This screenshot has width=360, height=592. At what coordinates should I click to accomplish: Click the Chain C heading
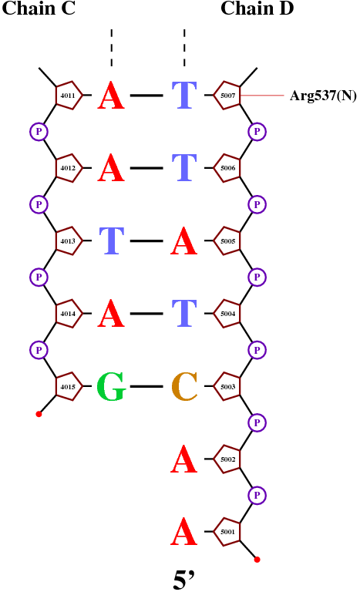(x=39, y=8)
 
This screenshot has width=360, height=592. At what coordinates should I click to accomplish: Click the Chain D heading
(x=257, y=8)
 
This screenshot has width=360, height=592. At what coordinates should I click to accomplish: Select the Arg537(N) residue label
(x=323, y=96)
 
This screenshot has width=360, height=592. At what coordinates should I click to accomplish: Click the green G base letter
(x=111, y=386)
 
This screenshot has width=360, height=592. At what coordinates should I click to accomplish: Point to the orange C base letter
(x=184, y=386)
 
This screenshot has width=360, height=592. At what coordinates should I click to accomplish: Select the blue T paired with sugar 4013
(x=112, y=240)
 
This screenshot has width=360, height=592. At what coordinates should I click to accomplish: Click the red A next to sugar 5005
(x=184, y=240)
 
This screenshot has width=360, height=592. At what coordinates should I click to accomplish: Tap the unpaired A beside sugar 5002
(x=184, y=459)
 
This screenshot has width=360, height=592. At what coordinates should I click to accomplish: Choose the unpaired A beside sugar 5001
(x=184, y=531)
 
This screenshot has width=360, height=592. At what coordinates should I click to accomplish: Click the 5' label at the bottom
(x=183, y=580)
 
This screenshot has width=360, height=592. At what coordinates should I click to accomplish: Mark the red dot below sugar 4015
(x=39, y=414)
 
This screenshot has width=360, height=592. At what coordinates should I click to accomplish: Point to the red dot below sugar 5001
(x=257, y=560)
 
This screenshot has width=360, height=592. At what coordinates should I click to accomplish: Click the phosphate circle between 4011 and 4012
(x=39, y=131)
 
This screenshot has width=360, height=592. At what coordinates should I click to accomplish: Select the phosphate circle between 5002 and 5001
(x=257, y=495)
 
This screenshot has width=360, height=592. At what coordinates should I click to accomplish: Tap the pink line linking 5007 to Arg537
(x=262, y=96)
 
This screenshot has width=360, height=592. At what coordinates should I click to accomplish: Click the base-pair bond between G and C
(x=146, y=386)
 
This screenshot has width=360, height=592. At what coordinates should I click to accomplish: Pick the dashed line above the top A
(x=112, y=48)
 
